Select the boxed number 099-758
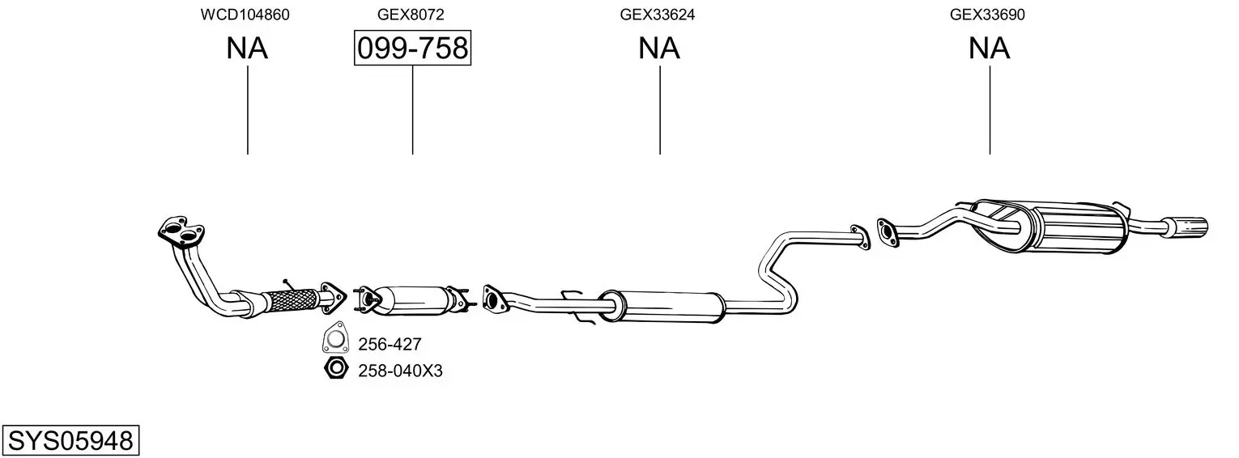(x=412, y=49)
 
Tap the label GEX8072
(x=411, y=15)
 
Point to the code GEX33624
(x=658, y=15)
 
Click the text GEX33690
(x=989, y=15)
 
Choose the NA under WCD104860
(x=247, y=49)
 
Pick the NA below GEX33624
(x=659, y=49)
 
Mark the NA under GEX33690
(x=990, y=49)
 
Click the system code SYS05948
(x=70, y=441)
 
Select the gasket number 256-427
(x=390, y=345)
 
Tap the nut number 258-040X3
(x=400, y=371)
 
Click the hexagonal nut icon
(x=334, y=370)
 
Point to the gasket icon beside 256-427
(x=334, y=341)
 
